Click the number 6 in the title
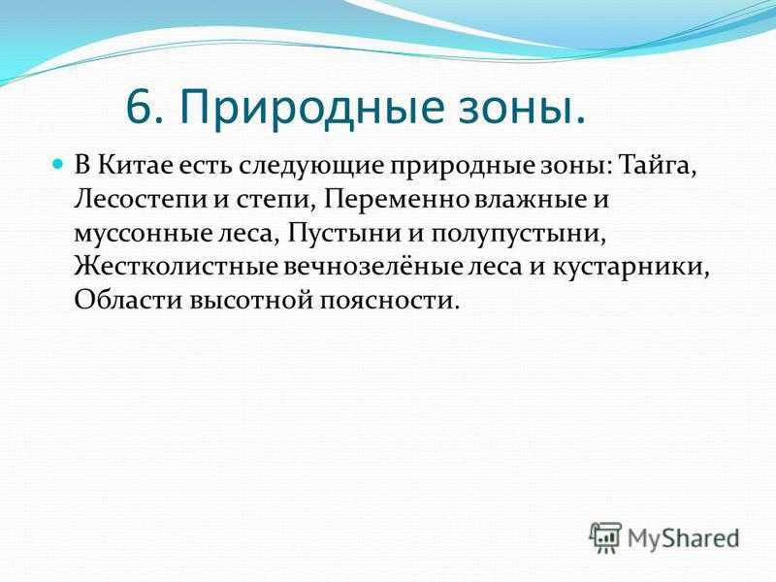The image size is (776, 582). pos(138,108)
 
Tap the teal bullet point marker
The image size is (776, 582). pos(58,162)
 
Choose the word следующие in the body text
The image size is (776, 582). pos(310,166)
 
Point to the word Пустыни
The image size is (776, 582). pos(343,232)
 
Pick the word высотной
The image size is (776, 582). pos(251,301)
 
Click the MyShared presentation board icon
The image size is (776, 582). pos(605,537)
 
